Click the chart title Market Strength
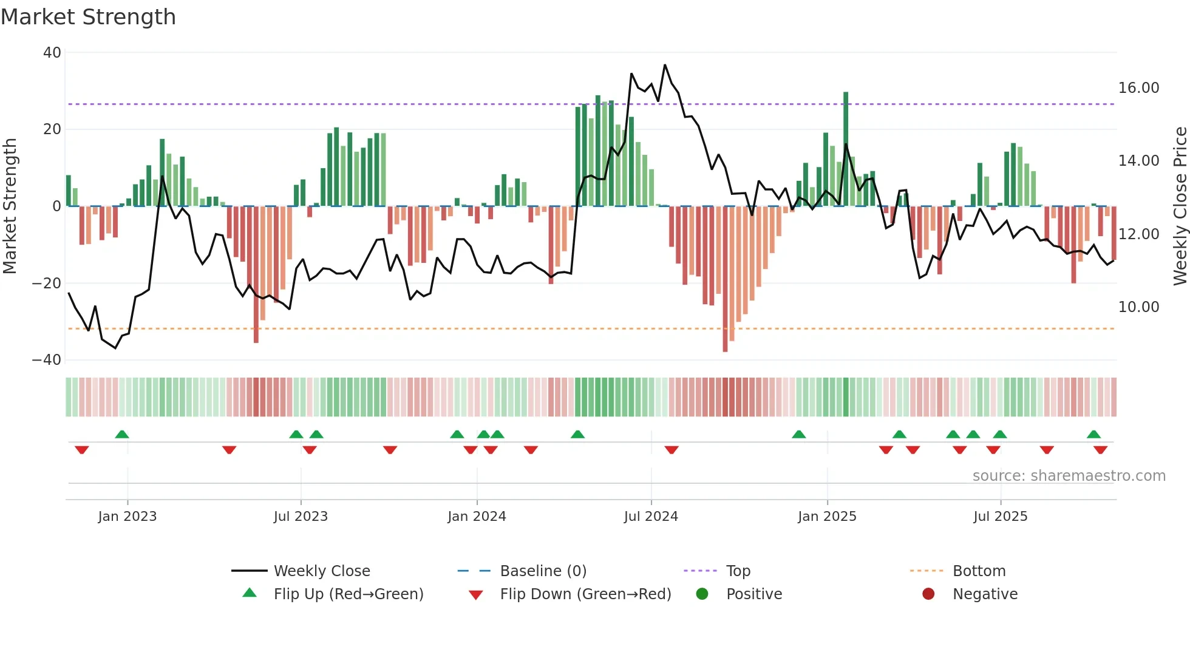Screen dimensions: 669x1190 pos(88,17)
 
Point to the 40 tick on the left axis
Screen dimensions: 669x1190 pos(52,53)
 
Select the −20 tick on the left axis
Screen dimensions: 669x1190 pos(47,284)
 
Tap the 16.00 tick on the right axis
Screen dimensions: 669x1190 pos(1138,88)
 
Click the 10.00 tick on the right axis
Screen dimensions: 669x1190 pos(1138,307)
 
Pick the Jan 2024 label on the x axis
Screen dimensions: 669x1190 pos(477,517)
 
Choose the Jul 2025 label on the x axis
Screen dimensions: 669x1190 pos(1000,517)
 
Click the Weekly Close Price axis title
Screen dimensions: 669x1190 pos(1180,206)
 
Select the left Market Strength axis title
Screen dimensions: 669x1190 pos(10,206)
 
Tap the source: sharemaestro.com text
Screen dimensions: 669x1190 pos(1069,476)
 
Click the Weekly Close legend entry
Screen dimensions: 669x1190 pos(322,571)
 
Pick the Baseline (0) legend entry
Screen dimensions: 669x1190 pos(543,571)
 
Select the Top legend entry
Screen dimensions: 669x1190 pos(738,571)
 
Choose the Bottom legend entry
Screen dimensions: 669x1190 pos(979,571)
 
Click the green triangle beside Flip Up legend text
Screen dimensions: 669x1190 pos(250,593)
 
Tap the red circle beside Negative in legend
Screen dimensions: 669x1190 pos(928,594)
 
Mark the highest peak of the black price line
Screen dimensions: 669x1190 pos(665,65)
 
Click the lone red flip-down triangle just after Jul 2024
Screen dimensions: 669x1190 pos(671,450)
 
